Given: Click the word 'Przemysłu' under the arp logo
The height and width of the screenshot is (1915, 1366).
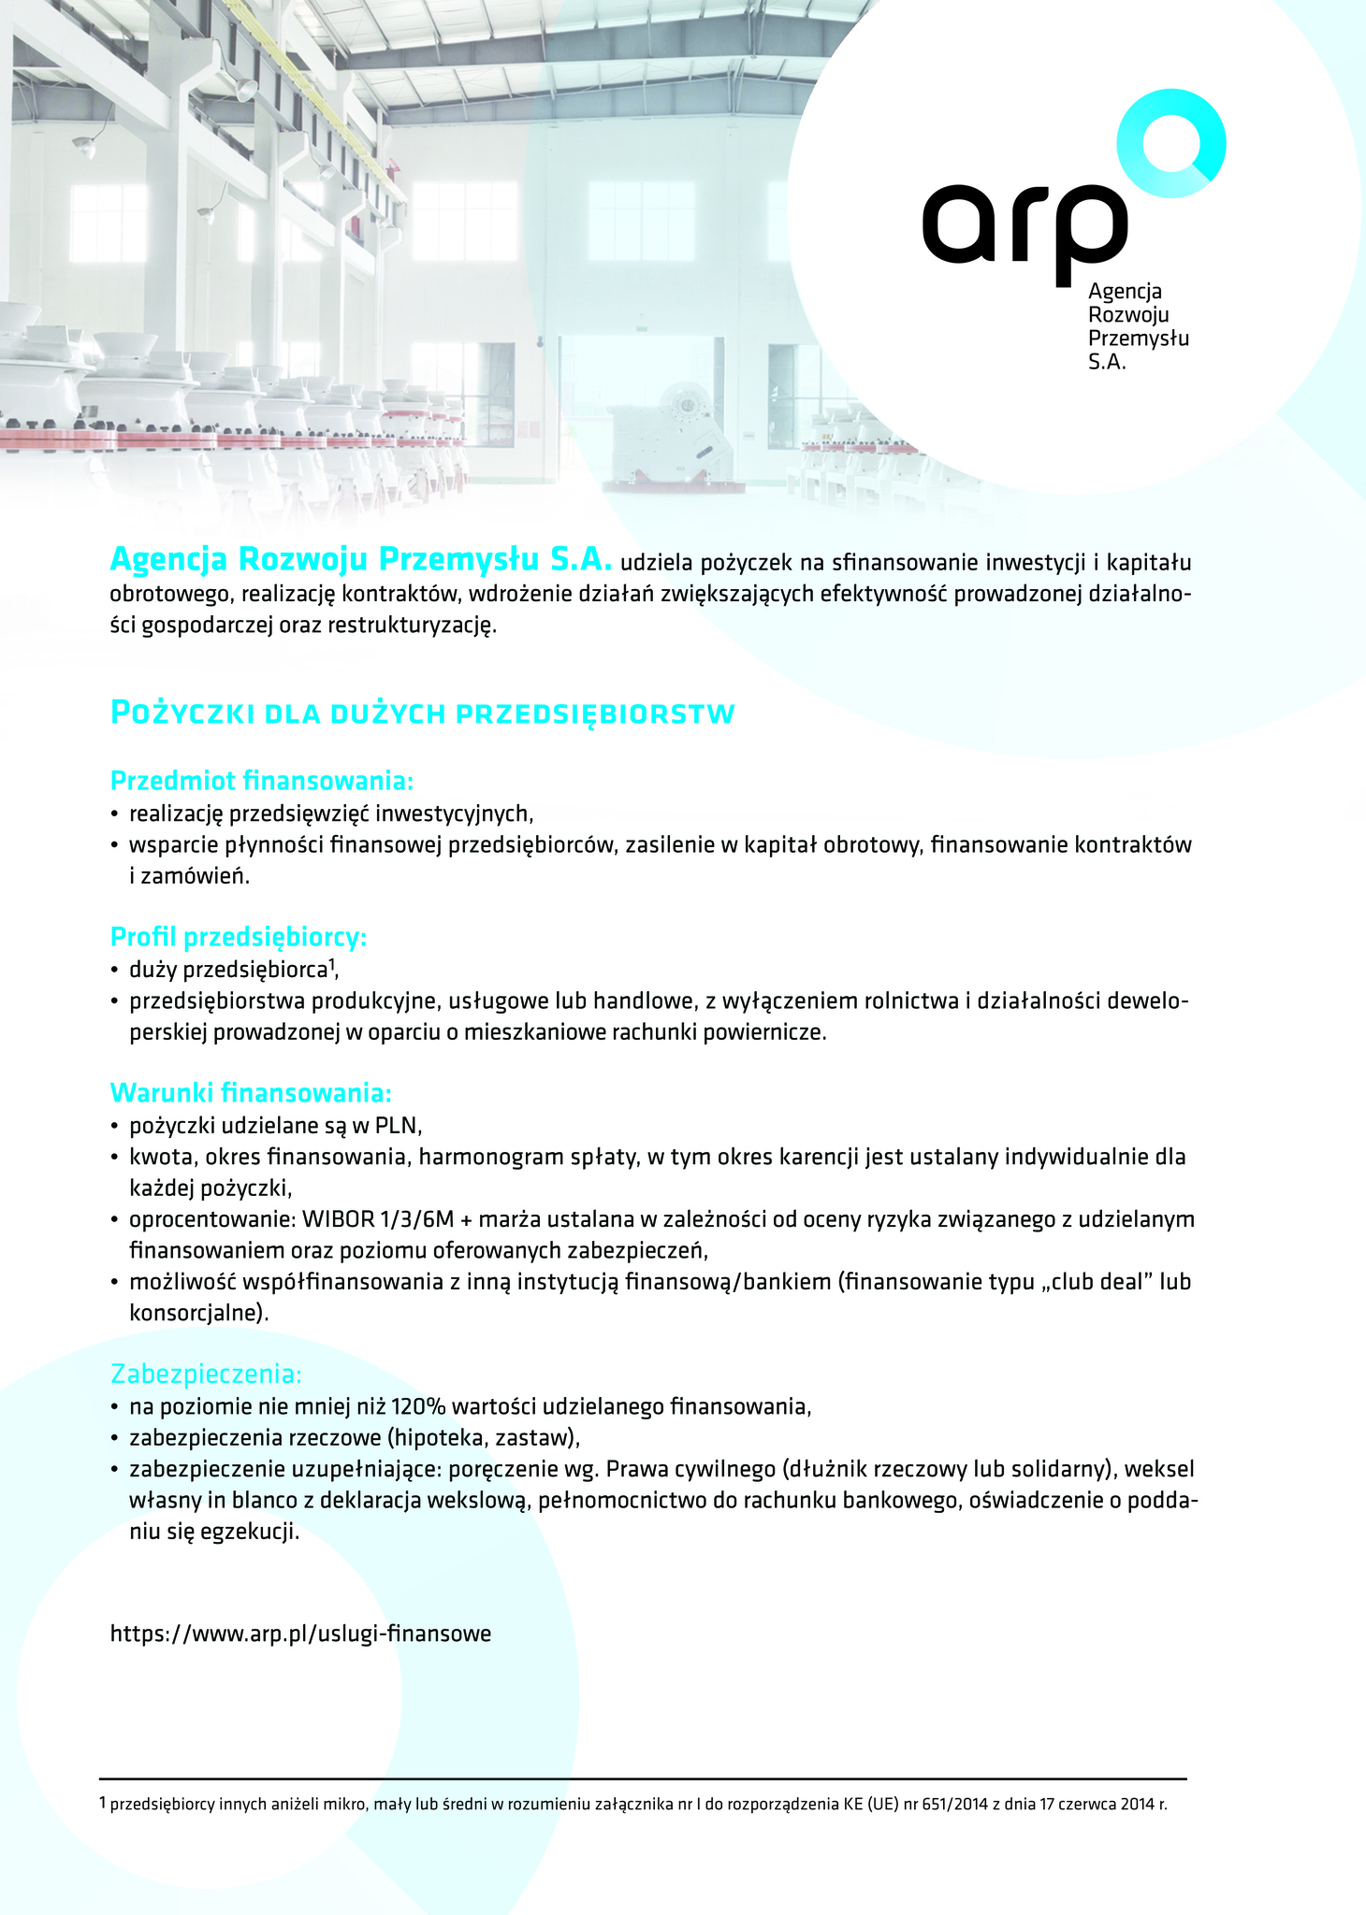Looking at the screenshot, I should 1138,338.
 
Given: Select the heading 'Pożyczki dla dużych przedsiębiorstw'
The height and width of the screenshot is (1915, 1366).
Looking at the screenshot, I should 423,713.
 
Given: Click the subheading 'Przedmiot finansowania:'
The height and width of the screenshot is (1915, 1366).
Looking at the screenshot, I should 262,780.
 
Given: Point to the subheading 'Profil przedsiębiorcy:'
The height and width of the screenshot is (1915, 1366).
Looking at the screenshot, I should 238,936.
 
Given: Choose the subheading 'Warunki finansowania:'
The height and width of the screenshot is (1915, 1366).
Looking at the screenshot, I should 251,1092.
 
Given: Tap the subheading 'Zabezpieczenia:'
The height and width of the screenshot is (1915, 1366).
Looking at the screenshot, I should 206,1374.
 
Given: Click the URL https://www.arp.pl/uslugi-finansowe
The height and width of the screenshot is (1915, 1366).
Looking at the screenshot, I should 300,1634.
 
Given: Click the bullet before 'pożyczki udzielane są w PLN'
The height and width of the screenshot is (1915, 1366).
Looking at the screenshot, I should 115,1126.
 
